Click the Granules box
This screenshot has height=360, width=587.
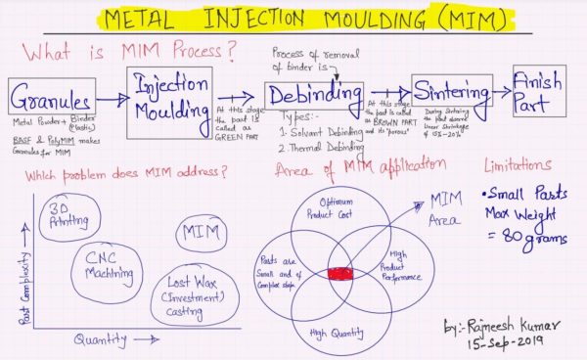click(51, 99)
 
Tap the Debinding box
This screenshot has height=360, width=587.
click(299, 99)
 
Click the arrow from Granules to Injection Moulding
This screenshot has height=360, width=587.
click(111, 97)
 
